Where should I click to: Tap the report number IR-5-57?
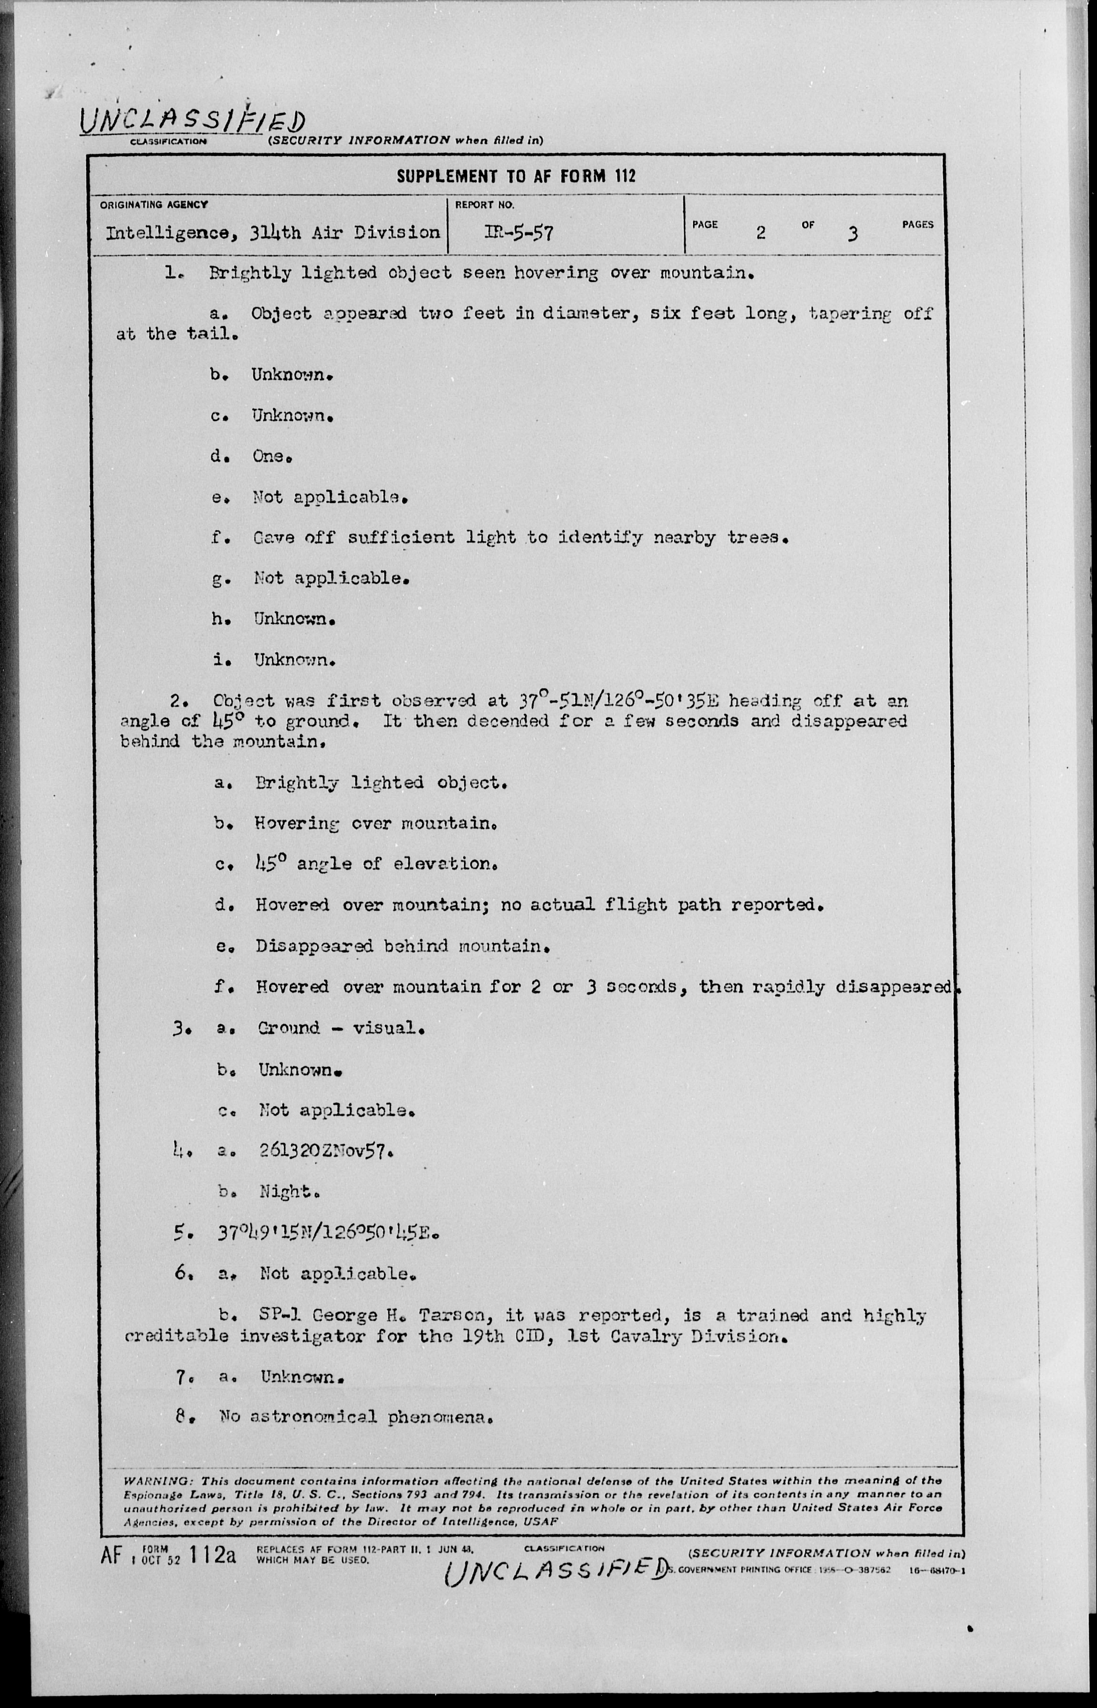pyautogui.click(x=518, y=233)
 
